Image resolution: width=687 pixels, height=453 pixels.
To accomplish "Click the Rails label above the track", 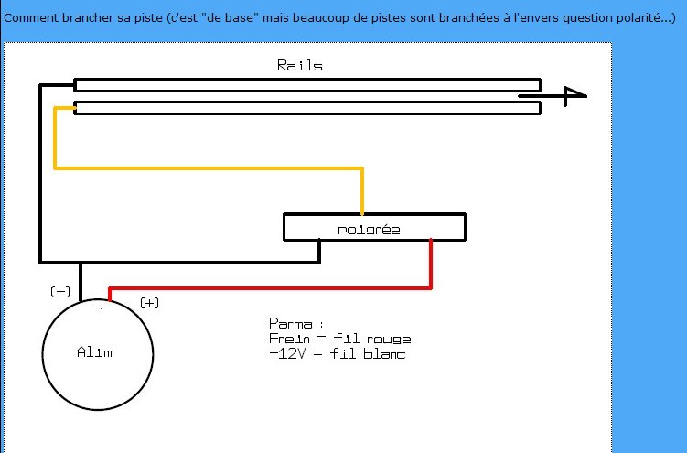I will (299, 66).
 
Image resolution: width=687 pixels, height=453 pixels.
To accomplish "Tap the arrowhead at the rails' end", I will (574, 93).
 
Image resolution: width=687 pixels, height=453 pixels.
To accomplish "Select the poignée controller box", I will (374, 227).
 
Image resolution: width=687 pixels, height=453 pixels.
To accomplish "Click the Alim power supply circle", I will (98, 352).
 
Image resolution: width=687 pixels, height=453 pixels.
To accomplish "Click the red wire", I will (274, 288).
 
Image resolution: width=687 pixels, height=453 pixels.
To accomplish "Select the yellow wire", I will (210, 168).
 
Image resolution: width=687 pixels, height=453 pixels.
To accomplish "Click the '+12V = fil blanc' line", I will (337, 354).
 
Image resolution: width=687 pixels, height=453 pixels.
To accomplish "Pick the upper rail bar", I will (306, 85).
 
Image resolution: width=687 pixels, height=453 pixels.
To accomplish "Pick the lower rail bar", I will (306, 108).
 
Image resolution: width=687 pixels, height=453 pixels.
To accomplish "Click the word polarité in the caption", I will (641, 18).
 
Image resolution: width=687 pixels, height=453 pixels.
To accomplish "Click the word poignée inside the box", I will (369, 229).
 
